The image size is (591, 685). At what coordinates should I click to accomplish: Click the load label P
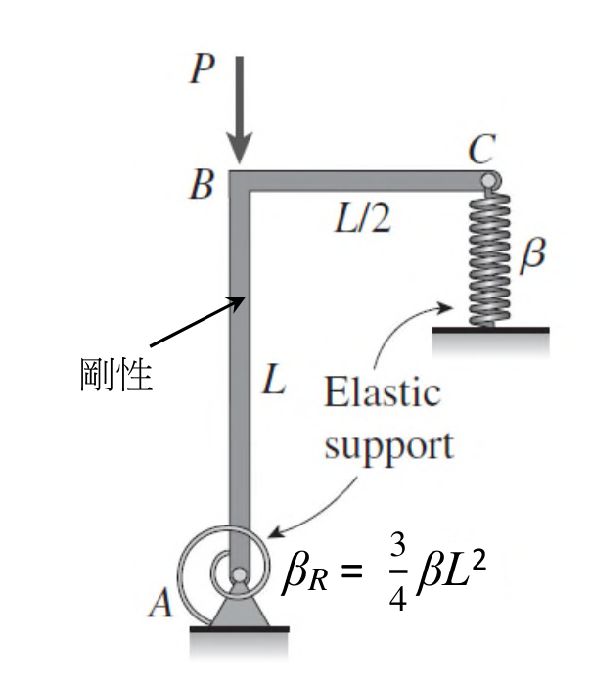pos(202,69)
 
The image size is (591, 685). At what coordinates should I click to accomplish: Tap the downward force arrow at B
pos(240,110)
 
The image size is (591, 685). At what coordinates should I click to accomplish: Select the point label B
pos(202,185)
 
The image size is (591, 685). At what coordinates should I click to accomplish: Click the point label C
pos(482,149)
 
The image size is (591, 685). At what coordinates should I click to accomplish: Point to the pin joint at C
pos(489,180)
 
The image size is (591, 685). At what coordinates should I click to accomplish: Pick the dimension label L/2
pos(362,217)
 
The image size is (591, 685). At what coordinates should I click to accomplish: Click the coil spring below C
pos(489,257)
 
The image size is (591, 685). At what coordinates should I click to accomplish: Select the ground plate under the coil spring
pos(491,331)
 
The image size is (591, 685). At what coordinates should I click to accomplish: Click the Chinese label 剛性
pos(116,375)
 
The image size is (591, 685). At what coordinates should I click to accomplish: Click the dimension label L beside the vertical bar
pos(274,380)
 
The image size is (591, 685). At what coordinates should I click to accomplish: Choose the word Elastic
pos(382,391)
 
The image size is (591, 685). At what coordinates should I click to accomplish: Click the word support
pos(388,446)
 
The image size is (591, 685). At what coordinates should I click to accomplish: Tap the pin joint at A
pos(239,575)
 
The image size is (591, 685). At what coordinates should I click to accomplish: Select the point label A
pos(161,603)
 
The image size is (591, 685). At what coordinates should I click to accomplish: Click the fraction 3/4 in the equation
pos(397,572)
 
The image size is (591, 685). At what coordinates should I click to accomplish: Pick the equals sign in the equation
pos(351,571)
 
